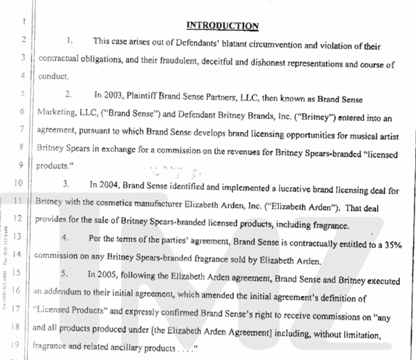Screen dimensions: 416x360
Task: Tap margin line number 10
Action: (17, 183)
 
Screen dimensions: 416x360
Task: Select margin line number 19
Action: (17, 342)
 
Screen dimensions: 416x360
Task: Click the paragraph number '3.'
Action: (67, 183)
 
